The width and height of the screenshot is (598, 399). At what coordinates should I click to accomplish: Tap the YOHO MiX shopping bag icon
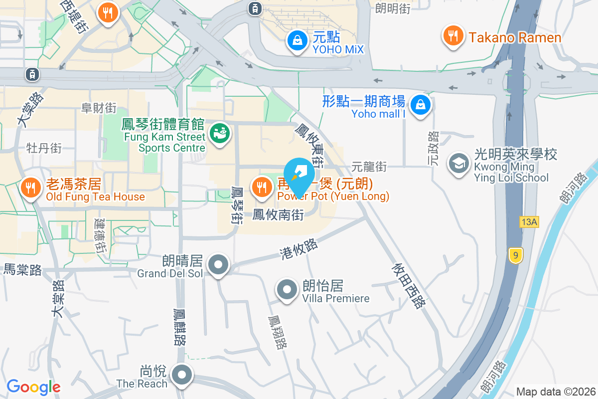(x=298, y=41)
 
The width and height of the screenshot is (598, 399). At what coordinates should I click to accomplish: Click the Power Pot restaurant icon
(x=261, y=188)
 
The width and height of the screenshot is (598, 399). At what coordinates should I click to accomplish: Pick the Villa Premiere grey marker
(x=287, y=290)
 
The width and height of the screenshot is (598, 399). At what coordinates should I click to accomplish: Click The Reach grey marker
(x=182, y=375)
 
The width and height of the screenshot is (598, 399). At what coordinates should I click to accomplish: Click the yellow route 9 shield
(x=516, y=256)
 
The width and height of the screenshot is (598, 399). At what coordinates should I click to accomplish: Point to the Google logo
(x=33, y=387)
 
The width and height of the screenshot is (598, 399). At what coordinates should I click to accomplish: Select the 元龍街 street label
(x=369, y=166)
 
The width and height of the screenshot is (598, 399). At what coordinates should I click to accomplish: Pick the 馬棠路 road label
(x=23, y=270)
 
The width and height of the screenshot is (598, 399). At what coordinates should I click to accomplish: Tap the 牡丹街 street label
(x=44, y=148)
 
